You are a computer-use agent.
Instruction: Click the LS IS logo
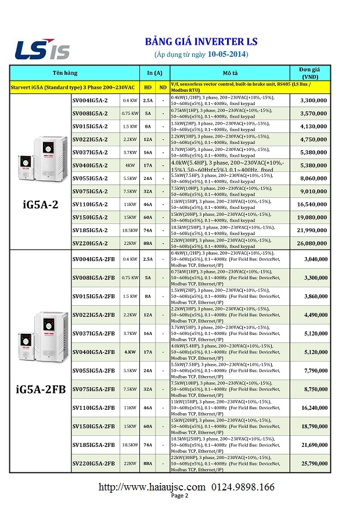[x=42, y=49]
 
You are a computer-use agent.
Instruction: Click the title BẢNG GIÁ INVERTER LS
[x=200, y=42]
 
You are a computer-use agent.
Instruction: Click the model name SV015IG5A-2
[x=90, y=126]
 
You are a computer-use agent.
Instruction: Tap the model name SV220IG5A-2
[x=90, y=243]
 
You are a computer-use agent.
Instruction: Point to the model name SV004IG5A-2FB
[x=93, y=259]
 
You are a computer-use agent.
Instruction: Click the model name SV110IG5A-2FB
[x=93, y=407]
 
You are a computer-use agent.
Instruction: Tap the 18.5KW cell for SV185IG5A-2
[x=129, y=230]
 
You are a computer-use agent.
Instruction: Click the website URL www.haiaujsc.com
[x=152, y=486]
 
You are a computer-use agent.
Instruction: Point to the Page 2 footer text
[x=179, y=496]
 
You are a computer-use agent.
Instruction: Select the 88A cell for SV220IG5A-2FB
[x=148, y=463]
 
